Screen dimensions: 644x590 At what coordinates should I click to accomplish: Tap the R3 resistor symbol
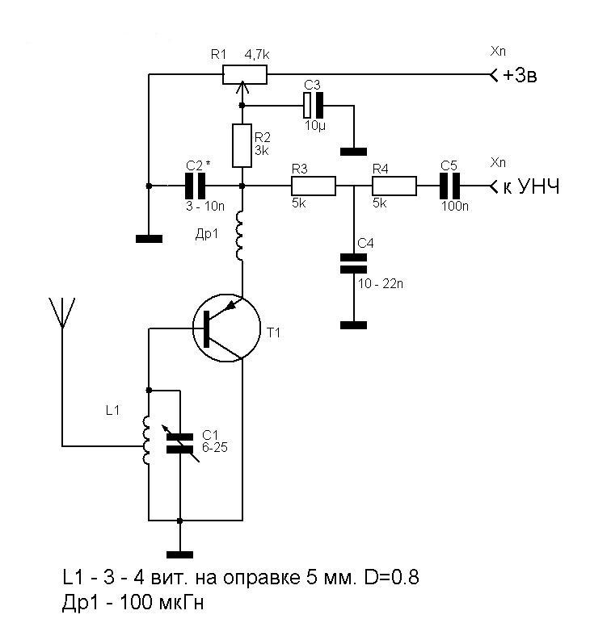313,186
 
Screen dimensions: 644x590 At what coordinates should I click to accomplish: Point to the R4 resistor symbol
394,186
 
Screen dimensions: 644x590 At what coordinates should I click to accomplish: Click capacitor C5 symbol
449,186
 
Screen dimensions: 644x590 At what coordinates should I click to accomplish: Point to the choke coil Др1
241,235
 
